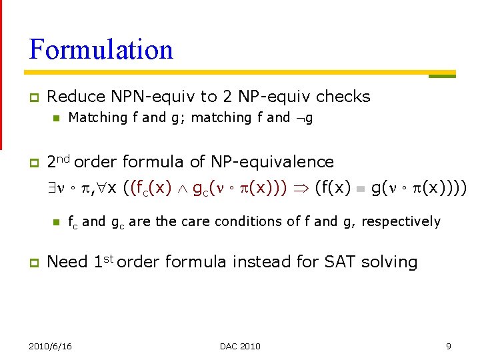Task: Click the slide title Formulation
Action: point(101,50)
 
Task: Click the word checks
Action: point(343,97)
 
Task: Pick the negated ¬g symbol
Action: point(304,118)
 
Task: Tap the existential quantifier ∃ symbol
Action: point(52,189)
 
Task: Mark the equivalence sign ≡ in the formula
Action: point(360,189)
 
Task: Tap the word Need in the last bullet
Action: point(67,262)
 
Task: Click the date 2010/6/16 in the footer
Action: point(51,346)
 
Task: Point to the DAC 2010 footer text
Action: point(240,346)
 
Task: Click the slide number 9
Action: point(448,346)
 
